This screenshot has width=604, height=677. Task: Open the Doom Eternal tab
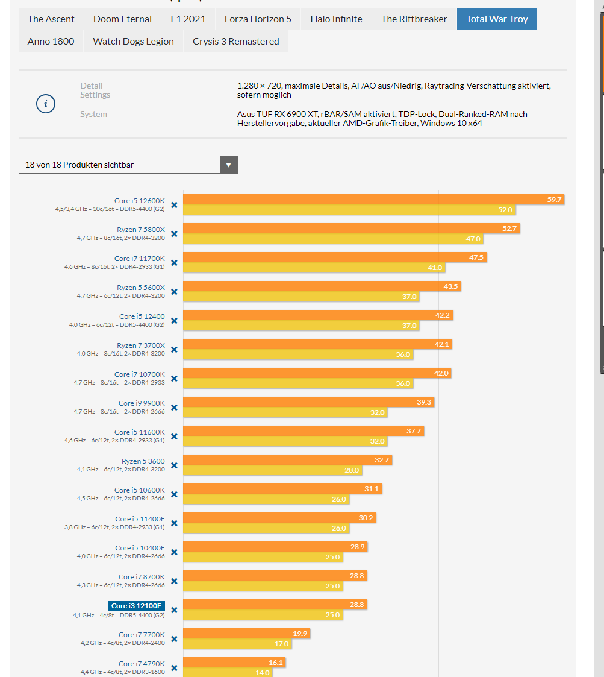(x=122, y=19)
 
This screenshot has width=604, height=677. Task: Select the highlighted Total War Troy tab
(x=497, y=19)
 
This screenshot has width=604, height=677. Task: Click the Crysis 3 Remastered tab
(x=236, y=42)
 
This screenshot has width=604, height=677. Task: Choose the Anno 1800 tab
(x=51, y=42)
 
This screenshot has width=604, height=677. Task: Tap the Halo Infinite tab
(x=336, y=19)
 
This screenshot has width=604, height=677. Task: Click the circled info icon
(x=46, y=104)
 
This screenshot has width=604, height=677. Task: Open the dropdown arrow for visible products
(x=229, y=165)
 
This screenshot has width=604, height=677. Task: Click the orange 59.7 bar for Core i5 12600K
(x=373, y=200)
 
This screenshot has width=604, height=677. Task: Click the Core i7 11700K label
(x=139, y=259)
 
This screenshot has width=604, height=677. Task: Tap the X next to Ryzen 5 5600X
(x=174, y=292)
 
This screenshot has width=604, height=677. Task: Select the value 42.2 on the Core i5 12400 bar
(x=442, y=315)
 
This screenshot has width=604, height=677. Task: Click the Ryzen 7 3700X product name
(x=141, y=345)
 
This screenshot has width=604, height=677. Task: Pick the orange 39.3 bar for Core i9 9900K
(x=309, y=402)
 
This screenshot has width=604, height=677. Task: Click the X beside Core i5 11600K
(x=174, y=436)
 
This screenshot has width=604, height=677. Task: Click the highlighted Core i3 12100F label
(x=136, y=606)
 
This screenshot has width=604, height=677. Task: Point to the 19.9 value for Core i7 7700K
(x=300, y=634)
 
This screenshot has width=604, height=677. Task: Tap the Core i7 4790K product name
(x=142, y=664)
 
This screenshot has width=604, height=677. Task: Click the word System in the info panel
(x=93, y=114)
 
